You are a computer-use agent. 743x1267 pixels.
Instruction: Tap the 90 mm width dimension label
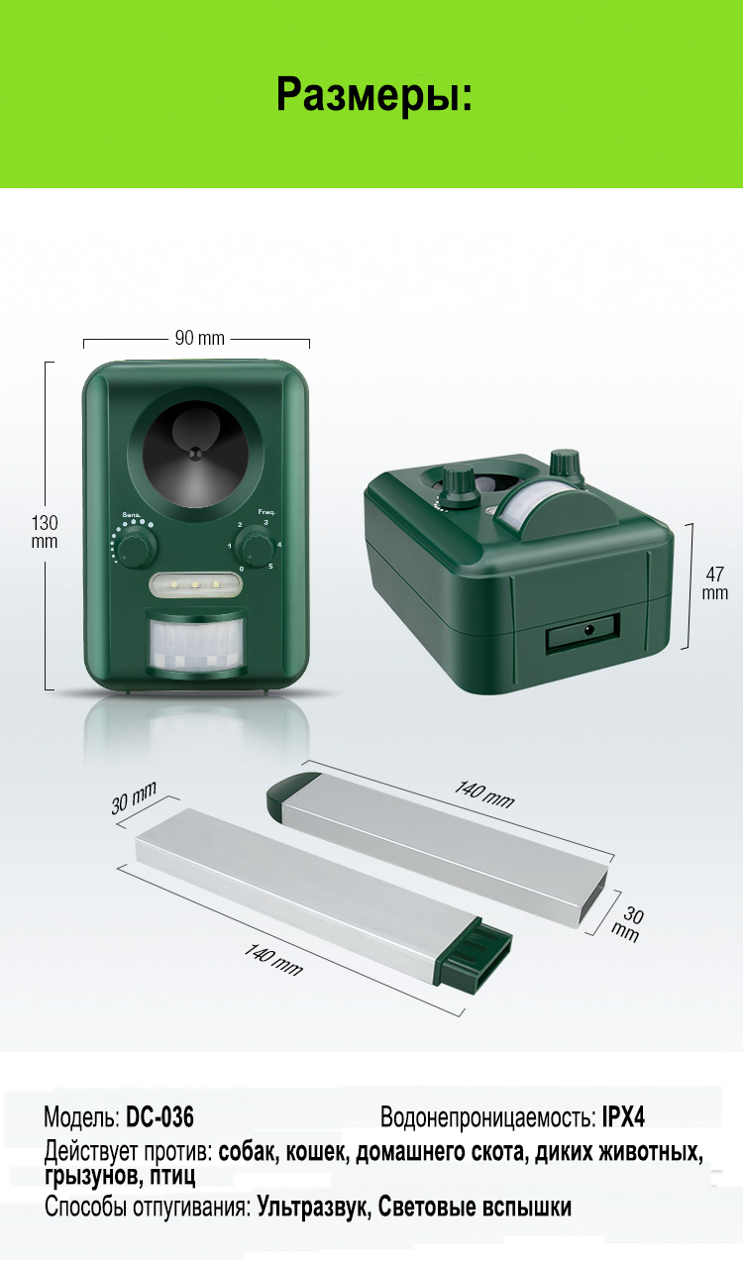[199, 338]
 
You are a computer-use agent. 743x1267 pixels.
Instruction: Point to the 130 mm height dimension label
[45, 532]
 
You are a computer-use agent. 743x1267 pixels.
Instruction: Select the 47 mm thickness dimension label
[714, 583]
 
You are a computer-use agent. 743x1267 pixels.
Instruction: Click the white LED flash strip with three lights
[195, 584]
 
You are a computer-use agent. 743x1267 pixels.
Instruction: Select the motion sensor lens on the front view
[195, 643]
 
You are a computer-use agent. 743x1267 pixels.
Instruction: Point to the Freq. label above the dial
[266, 512]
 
